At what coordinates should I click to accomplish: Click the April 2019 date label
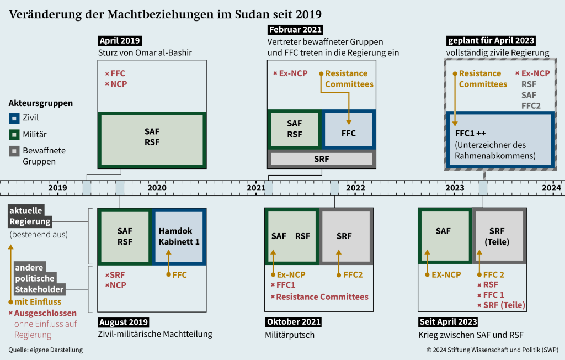tap(120, 40)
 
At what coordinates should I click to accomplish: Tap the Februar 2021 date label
tap(295, 30)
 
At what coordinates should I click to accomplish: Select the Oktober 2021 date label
tap(294, 322)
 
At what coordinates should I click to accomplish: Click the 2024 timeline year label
tap(551, 188)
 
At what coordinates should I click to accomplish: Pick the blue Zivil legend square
tap(13, 118)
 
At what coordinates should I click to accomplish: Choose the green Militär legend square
tap(13, 134)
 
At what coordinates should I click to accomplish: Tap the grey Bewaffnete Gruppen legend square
tap(13, 150)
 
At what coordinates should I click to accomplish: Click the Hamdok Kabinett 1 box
tap(179, 236)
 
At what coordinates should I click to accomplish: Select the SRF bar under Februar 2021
tap(321, 158)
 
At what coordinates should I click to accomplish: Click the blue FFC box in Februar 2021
tap(349, 134)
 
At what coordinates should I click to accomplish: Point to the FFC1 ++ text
tap(470, 134)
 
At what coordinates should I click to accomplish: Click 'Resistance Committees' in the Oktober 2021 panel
tap(322, 297)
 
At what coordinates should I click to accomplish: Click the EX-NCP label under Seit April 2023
tap(446, 274)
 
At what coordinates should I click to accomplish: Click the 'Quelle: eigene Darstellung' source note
tap(46, 350)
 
